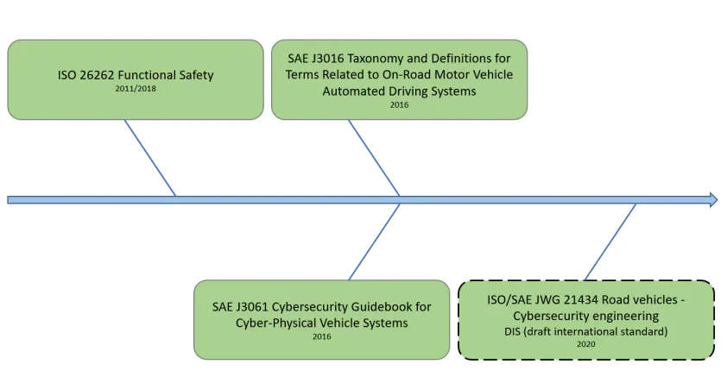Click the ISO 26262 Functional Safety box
click(136, 79)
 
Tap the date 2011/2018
click(136, 89)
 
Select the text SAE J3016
click(316, 59)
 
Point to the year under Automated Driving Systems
click(399, 104)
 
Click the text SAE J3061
click(240, 307)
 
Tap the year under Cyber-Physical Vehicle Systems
click(322, 336)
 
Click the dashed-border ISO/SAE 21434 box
click(586, 320)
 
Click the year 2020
click(586, 344)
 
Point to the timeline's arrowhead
click(713, 199)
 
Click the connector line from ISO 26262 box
click(150, 158)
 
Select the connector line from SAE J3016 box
click(374, 158)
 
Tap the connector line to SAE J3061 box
click(374, 242)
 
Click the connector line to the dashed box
click(610, 242)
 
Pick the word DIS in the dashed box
click(512, 331)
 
